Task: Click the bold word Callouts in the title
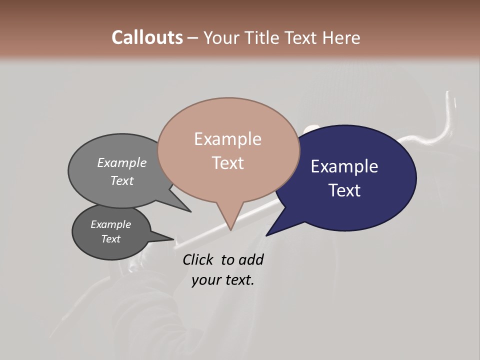coord(147,37)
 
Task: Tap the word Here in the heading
coord(341,37)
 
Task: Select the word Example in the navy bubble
coord(344,166)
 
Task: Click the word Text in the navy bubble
coord(344,190)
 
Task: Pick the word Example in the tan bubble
coord(227,139)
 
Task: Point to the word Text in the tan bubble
coord(227,163)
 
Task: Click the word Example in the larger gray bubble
coord(121,163)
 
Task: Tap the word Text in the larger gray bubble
coord(121,180)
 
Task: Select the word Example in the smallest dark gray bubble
coord(110,224)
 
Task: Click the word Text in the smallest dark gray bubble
coord(110,239)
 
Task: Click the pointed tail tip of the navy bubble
coord(266,235)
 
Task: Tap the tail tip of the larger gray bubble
coord(190,211)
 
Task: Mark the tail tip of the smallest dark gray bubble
coord(173,239)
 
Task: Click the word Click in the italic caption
coord(197,259)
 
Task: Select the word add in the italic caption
coord(251,259)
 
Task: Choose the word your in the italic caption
coord(205,279)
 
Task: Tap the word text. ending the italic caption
coord(239,279)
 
